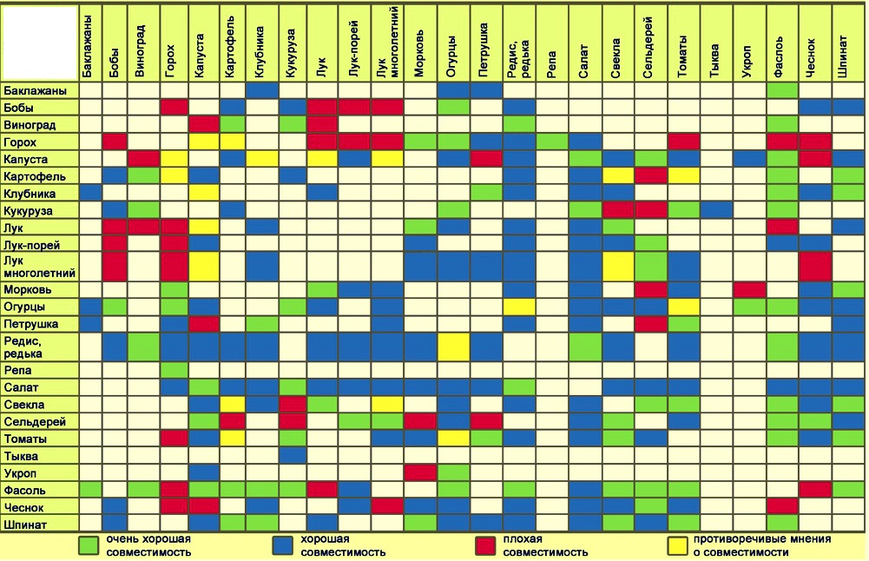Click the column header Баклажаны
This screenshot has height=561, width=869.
point(89,48)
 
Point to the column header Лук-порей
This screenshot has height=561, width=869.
point(354,48)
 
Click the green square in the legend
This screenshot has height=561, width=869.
point(89,545)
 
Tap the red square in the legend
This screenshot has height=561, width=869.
point(486,545)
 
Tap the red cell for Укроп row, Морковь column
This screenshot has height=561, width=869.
point(420,472)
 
